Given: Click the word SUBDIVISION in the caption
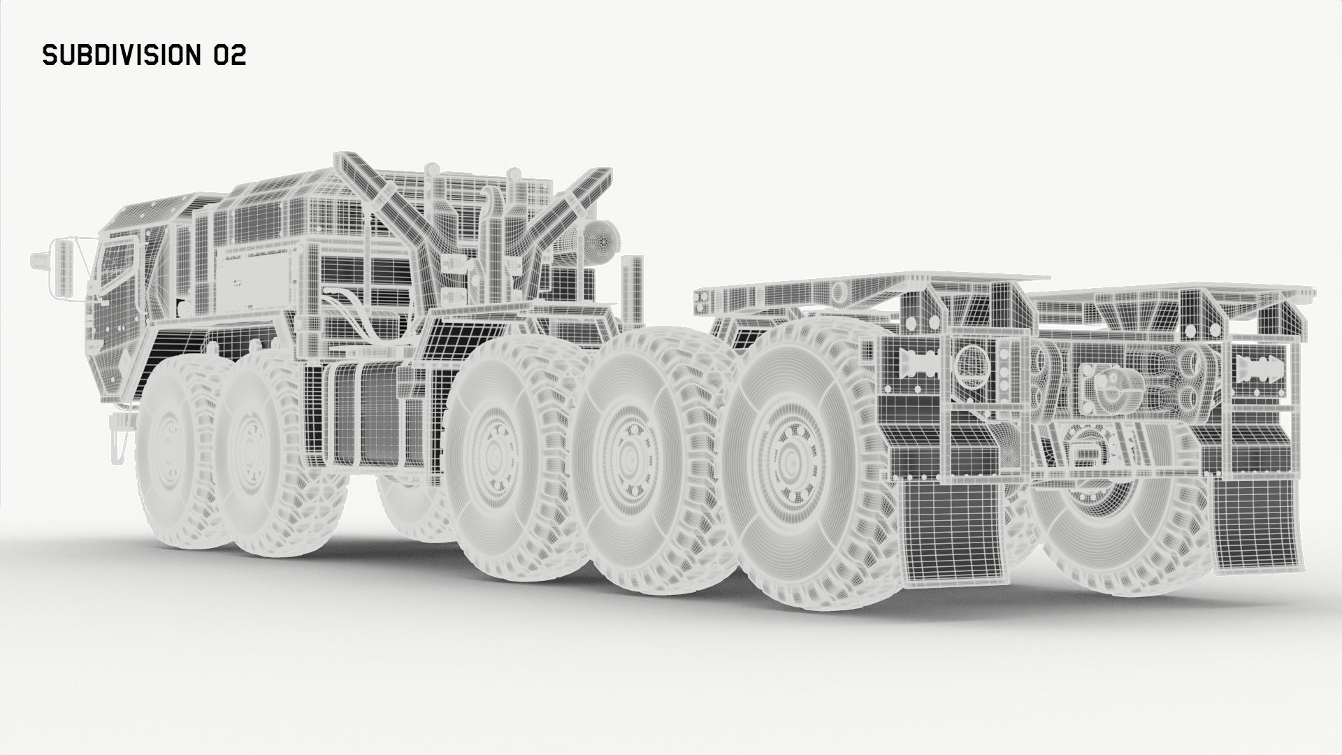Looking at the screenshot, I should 123,56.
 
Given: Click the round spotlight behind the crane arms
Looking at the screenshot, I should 602,241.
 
